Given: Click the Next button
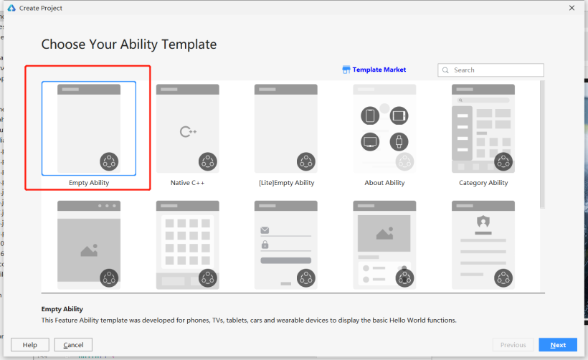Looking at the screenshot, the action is pos(558,345).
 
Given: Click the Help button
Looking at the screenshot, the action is pos(30,345).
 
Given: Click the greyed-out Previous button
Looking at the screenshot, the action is pos(513,345).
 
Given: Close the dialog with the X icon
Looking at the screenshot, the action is pos(572,8).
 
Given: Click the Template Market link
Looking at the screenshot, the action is pos(379,70).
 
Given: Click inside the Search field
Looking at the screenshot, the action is pos(490,70).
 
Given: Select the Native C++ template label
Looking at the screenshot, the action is pos(187,183).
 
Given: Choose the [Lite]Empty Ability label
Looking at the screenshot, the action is pos(287,183).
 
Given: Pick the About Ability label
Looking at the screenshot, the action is pos(385,183).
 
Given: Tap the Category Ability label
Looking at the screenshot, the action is pos(483,183).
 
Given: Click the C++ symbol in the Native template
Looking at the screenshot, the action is pos(188,132).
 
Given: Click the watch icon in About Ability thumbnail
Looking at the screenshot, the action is pos(399,142).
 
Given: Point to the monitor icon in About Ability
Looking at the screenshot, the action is pos(370,142).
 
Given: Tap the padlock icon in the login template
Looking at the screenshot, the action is pos(265,245).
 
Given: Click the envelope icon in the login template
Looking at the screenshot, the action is pos(265,230).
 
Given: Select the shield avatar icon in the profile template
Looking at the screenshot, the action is pos(483,222).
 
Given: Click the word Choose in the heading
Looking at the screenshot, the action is pos(63,44).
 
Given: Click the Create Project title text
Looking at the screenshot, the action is pos(40,8).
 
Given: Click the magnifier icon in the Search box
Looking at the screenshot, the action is pos(445,70).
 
